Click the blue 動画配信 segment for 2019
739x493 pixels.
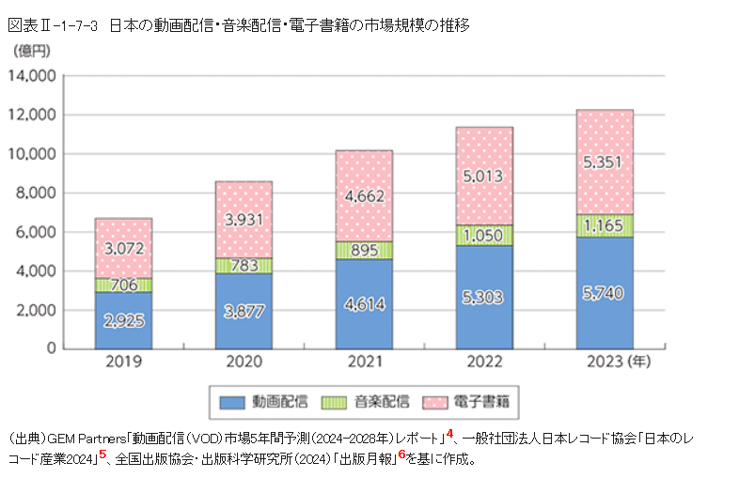[123, 320]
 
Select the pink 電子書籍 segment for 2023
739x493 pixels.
[604, 162]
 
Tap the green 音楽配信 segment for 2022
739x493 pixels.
[485, 235]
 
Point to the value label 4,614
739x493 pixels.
[364, 302]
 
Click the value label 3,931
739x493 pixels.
[244, 219]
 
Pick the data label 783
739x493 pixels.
[244, 266]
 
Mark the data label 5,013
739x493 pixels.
[484, 176]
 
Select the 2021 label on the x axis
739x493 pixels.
[364, 362]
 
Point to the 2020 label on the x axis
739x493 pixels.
[244, 362]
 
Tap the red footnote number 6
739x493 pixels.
[401, 455]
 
